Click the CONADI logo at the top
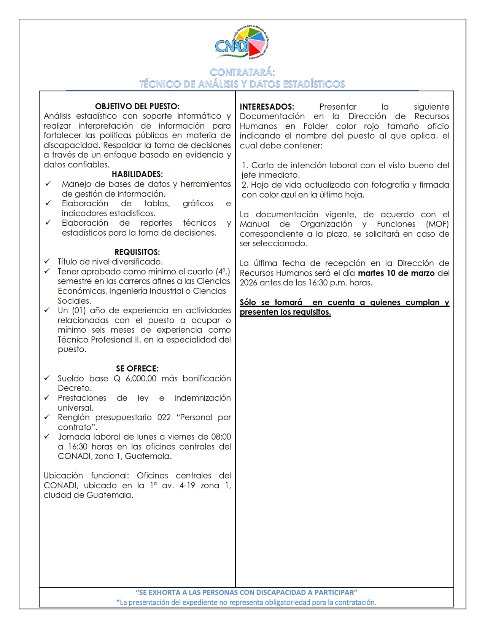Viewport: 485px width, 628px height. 242,43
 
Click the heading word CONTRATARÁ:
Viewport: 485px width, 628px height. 242,72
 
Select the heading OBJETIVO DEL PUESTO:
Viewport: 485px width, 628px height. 137,107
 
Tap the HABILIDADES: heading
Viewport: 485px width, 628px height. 137,174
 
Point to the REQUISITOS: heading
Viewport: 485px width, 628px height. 137,252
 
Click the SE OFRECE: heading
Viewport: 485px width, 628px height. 137,368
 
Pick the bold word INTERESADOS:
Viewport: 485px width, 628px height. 267,107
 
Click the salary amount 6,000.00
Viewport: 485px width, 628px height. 141,379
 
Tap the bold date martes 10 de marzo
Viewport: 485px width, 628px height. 396,273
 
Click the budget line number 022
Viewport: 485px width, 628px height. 164,418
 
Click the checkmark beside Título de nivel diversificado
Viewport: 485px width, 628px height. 47,261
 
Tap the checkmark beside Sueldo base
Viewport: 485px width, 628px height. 47,378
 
